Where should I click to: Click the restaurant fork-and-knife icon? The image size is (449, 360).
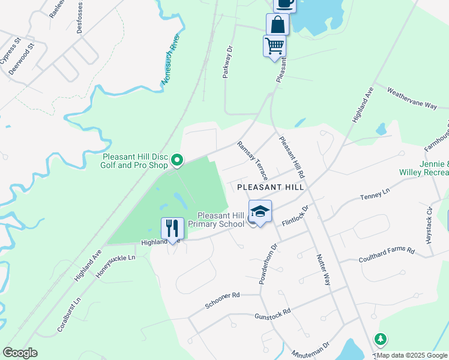(x=172, y=228)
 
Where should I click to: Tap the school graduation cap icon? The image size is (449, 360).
(x=260, y=211)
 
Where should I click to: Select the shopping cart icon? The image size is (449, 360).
(x=274, y=46)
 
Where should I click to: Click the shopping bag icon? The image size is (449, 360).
(x=277, y=25)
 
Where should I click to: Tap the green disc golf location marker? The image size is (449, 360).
(x=177, y=160)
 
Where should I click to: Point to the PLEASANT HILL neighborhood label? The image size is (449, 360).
(x=271, y=187)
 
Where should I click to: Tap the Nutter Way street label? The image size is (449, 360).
(x=323, y=268)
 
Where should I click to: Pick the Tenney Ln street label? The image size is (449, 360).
(x=375, y=194)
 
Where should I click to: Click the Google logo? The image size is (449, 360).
(x=20, y=353)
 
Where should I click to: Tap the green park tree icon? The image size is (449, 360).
(x=380, y=340)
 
